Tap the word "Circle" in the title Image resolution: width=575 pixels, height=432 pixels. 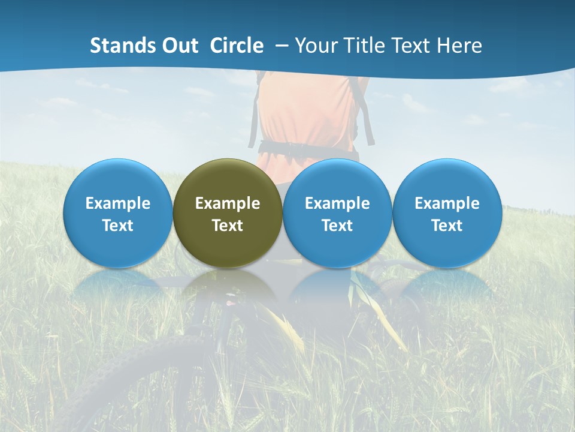click(x=237, y=46)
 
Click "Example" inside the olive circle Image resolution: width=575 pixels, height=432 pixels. click(x=228, y=203)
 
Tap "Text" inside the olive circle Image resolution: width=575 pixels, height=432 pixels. click(x=228, y=226)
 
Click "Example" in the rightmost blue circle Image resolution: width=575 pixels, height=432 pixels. click(x=447, y=203)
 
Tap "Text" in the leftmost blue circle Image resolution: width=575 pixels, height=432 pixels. click(x=117, y=226)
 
